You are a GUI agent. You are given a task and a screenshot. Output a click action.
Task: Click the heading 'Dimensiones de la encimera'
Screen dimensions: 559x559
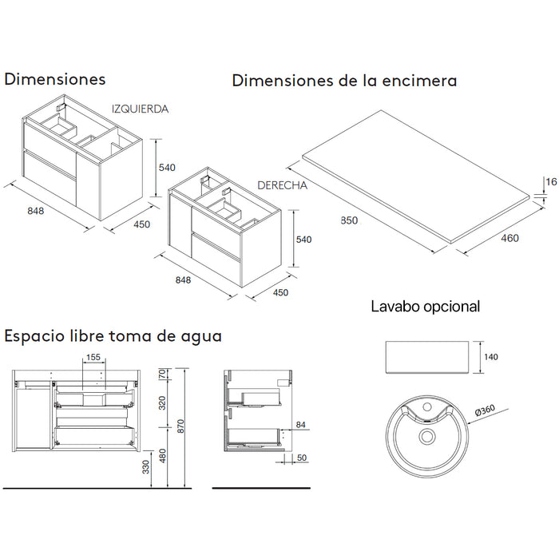[343, 81]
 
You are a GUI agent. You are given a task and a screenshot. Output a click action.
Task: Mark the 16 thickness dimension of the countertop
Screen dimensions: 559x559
[550, 183]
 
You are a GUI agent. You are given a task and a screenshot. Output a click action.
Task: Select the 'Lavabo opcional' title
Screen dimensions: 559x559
[425, 306]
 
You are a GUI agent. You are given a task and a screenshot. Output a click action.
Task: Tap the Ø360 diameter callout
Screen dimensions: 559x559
[484, 410]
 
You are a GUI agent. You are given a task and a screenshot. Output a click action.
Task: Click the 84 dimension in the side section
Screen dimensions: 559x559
[300, 424]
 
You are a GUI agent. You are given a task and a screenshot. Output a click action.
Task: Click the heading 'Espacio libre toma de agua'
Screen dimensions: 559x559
[113, 335]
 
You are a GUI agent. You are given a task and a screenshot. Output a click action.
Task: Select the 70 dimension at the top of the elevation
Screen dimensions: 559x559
[163, 374]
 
